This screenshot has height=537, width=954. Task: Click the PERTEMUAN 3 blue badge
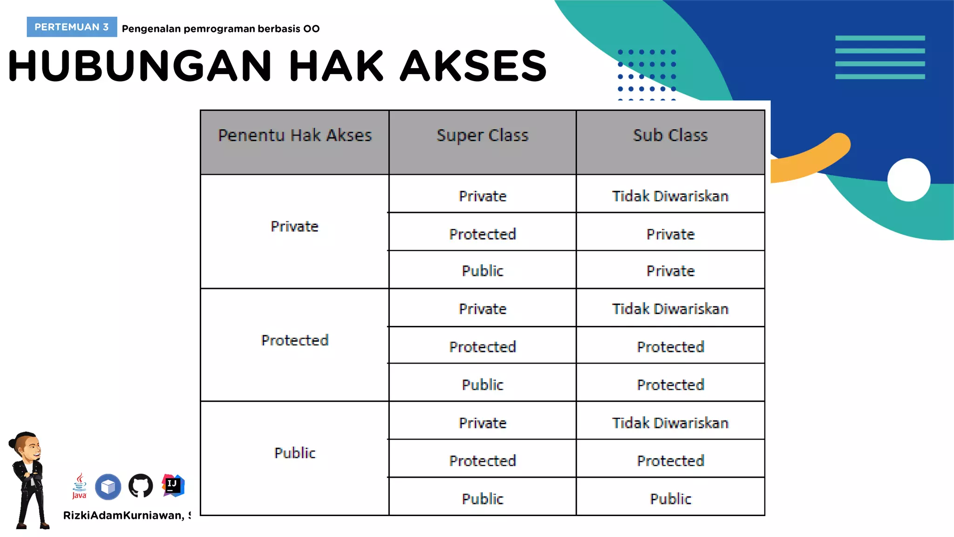[72, 27]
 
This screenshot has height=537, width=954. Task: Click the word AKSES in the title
[473, 66]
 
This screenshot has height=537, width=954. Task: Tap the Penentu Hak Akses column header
[295, 135]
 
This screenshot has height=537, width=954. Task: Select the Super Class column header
[483, 135]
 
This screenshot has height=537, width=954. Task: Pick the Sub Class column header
[670, 135]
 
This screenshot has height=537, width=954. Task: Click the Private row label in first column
[295, 227]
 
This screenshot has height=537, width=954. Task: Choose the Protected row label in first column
[295, 340]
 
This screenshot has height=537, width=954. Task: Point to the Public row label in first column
[295, 453]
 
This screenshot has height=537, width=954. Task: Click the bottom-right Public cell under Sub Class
[670, 499]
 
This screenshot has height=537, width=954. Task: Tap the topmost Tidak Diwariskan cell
[670, 196]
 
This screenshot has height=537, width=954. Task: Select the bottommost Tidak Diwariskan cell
[670, 423]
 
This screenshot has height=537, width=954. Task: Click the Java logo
[80, 486]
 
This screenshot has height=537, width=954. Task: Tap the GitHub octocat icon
[141, 486]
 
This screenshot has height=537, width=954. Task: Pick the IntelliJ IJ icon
[173, 485]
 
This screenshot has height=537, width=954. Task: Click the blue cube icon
[108, 487]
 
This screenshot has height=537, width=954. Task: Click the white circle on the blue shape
[909, 180]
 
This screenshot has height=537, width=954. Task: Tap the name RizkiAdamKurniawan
[123, 516]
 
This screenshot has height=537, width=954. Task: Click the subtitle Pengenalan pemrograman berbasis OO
[221, 29]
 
